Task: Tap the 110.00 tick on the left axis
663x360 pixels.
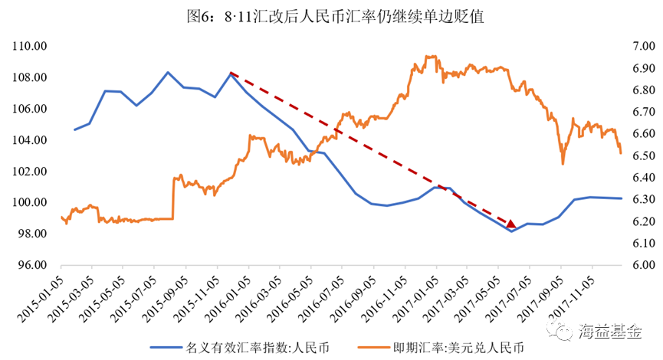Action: [29, 47]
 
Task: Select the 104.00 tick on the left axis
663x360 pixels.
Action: [29, 140]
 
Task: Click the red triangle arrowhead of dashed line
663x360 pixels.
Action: [510, 223]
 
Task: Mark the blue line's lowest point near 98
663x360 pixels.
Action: [510, 231]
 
